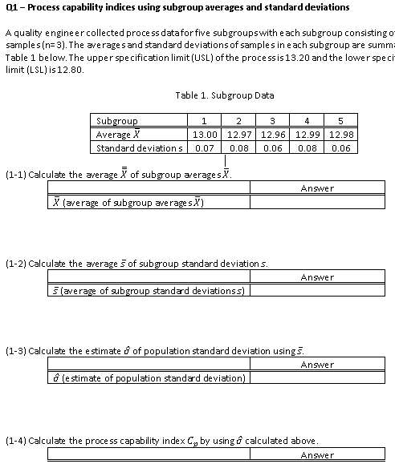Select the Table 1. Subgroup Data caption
tap(224, 95)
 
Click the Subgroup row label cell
tap(117, 121)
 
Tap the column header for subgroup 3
tap(275, 121)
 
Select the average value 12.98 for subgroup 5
tap(342, 135)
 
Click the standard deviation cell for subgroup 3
tap(275, 148)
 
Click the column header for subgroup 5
tap(342, 121)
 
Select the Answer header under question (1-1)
tap(317, 188)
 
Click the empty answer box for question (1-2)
tap(317, 290)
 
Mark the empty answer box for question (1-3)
tap(317, 377)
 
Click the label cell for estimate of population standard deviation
tap(149, 377)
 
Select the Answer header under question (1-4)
tap(317, 455)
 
